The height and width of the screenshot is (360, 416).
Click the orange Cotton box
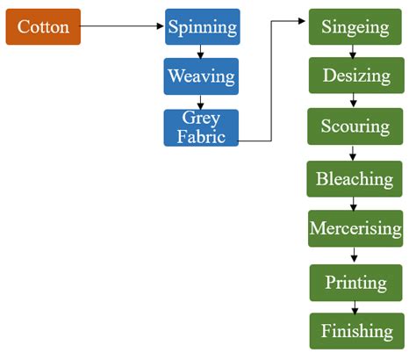click(x=43, y=27)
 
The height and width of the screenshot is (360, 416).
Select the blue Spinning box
click(x=202, y=27)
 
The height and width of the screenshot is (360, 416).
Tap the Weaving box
click(x=202, y=76)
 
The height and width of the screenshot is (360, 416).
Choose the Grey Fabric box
click(x=201, y=127)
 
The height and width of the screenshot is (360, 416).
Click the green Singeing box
click(x=355, y=27)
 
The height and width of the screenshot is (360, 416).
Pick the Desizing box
click(x=355, y=76)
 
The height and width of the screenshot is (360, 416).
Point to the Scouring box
click(x=355, y=126)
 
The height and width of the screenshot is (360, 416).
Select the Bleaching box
click(x=355, y=178)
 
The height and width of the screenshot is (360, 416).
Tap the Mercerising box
click(x=355, y=228)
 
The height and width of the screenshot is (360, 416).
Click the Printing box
click(x=355, y=283)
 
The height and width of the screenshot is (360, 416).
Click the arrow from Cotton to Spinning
click(x=122, y=27)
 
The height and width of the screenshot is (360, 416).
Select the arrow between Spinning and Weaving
click(x=202, y=52)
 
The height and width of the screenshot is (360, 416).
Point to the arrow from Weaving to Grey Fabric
click(x=202, y=102)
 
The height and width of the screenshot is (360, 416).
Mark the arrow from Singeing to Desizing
click(x=355, y=52)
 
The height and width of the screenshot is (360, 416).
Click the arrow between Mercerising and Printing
click(x=355, y=256)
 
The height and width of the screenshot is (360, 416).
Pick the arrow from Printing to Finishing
click(x=355, y=306)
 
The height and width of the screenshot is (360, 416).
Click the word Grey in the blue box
click(x=201, y=119)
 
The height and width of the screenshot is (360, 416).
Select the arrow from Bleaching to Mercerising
click(x=355, y=204)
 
